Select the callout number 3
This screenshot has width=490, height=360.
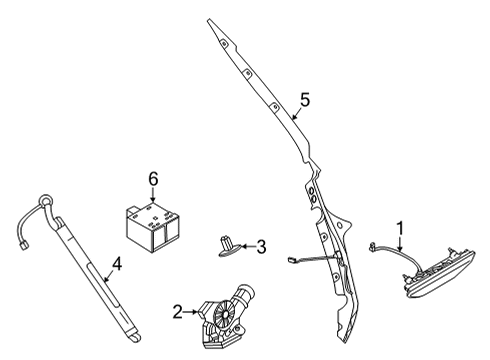(x=261, y=246)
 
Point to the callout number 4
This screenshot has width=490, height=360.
(x=116, y=265)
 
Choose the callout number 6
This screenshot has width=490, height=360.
(x=153, y=178)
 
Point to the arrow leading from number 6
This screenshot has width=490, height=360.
(x=153, y=194)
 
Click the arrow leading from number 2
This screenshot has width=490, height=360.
(x=191, y=312)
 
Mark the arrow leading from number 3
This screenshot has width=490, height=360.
(x=247, y=246)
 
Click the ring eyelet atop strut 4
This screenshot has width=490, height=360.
(x=43, y=201)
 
